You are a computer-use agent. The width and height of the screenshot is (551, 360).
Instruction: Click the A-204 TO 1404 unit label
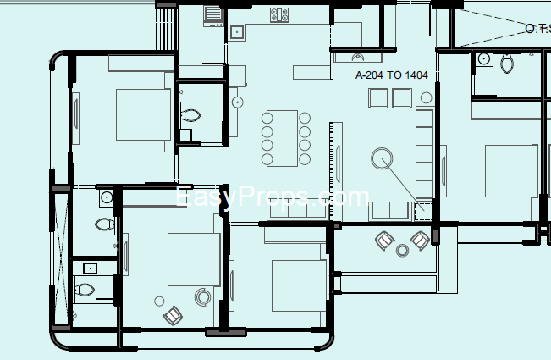click(392, 75)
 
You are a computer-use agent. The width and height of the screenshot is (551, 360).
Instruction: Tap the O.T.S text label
click(538, 29)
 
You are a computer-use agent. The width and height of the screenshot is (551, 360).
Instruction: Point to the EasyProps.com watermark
click(272, 197)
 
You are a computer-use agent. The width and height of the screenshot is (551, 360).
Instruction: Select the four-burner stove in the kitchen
click(279, 14)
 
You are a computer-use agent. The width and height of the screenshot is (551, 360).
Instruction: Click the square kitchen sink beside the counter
click(237, 32)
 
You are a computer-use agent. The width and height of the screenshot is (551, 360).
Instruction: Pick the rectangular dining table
click(282, 138)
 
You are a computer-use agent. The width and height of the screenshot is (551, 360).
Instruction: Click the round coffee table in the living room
click(382, 158)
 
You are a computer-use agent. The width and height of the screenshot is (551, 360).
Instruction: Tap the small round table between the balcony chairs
click(402, 251)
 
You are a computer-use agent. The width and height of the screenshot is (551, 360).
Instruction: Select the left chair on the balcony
click(384, 241)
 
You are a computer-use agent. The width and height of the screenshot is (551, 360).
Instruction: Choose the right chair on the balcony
click(420, 241)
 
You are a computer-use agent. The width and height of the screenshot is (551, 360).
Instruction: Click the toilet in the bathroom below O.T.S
click(507, 64)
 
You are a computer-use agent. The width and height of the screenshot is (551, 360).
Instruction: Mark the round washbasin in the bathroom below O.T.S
click(484, 58)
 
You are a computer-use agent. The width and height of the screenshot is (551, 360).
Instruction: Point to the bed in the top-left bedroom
click(143, 114)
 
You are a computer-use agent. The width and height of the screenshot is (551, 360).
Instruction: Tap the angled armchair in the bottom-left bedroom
click(173, 315)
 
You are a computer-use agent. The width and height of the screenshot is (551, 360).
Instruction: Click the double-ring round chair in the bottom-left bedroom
click(203, 297)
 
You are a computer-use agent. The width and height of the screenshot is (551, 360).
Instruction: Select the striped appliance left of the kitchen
click(213, 16)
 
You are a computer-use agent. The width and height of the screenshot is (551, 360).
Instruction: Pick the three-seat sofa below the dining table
click(298, 210)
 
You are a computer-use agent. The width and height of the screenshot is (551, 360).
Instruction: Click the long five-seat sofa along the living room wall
click(424, 154)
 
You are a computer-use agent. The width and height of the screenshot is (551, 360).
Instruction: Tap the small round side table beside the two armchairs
click(427, 97)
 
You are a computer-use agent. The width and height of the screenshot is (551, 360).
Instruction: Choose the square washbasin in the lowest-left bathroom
click(91, 269)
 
